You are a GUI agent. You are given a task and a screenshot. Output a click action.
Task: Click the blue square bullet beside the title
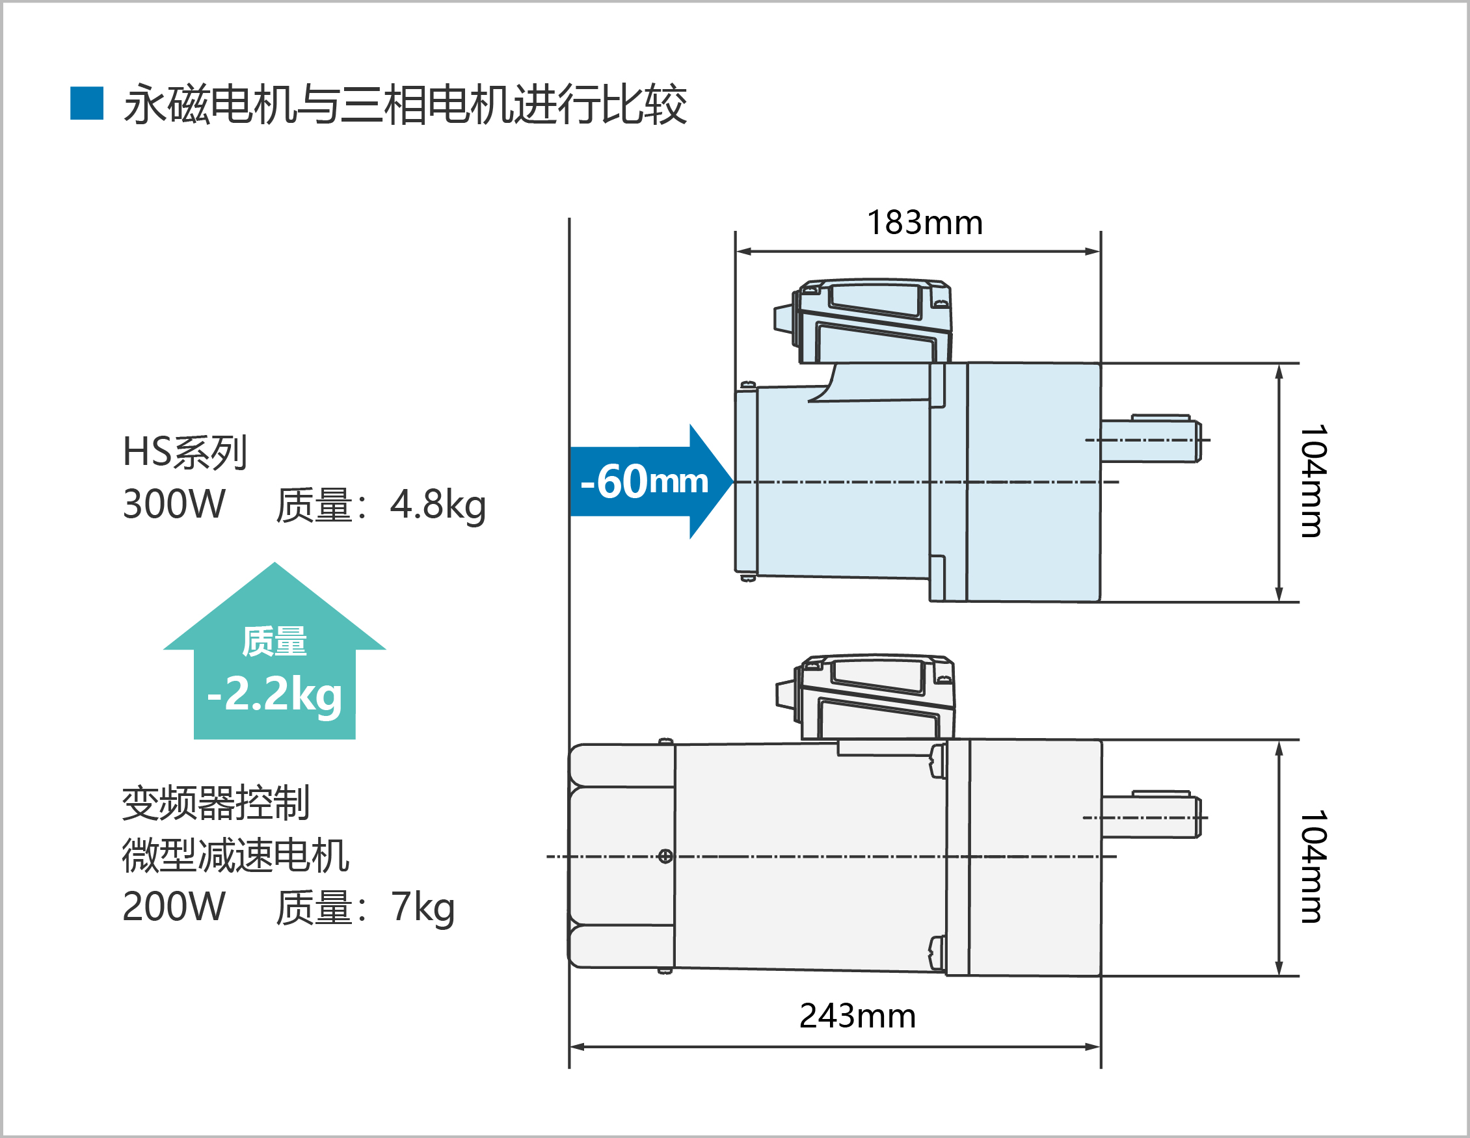tap(87, 103)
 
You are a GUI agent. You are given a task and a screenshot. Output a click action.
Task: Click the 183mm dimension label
tap(924, 223)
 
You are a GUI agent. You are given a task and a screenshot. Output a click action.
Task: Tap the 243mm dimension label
tap(857, 1016)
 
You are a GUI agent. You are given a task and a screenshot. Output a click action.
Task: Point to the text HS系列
tap(185, 451)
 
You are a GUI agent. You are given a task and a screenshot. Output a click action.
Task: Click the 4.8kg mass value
tap(438, 505)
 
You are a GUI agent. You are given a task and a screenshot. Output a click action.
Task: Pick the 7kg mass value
tap(423, 907)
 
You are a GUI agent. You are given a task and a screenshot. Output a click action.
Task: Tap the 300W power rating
tap(174, 505)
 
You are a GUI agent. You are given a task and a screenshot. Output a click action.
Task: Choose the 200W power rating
tap(174, 907)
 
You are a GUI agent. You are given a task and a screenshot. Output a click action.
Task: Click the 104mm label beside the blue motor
tap(1313, 481)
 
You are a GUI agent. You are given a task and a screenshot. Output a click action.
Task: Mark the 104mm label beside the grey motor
tap(1313, 866)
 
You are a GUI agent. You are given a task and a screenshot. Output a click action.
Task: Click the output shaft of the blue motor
tap(1150, 440)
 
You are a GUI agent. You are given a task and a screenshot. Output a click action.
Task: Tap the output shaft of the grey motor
tap(1150, 817)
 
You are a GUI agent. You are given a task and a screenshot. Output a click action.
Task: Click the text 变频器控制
tap(215, 803)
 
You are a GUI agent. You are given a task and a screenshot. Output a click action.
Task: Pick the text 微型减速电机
tap(235, 855)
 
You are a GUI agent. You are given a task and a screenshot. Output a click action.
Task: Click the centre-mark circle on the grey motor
tap(665, 856)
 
